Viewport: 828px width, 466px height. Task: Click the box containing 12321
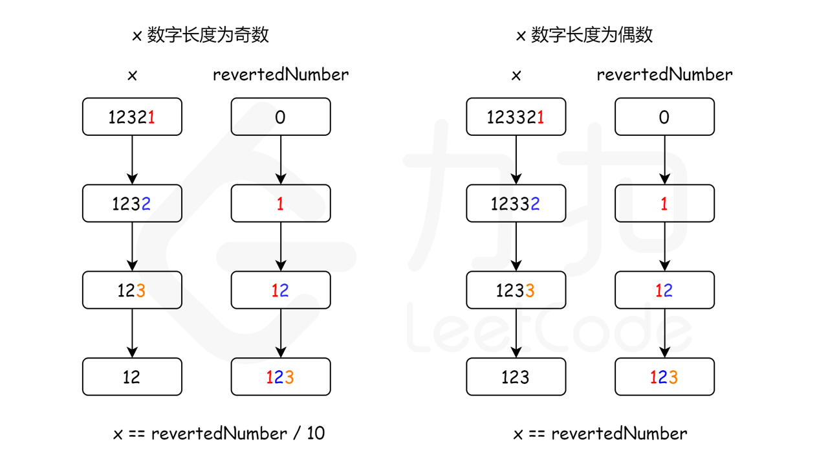tap(132, 117)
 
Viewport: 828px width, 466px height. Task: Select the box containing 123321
tap(516, 117)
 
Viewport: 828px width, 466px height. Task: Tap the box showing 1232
tap(132, 204)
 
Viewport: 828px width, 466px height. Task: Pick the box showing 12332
tap(516, 204)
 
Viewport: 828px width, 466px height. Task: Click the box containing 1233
tap(516, 291)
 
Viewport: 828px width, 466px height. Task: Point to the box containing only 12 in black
tap(132, 377)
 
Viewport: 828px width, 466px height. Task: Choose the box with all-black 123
tap(516, 377)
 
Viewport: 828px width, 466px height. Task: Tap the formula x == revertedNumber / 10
tap(219, 434)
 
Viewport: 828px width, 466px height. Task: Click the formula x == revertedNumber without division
tap(600, 434)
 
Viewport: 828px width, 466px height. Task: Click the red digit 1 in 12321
tap(151, 117)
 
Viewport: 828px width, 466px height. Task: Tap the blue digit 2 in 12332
tap(535, 204)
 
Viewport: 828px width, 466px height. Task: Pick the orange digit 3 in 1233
tap(530, 291)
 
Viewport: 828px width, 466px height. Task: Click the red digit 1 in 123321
tap(540, 117)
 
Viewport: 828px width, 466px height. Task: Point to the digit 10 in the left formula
tap(316, 434)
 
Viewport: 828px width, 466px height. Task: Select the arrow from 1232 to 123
tap(132, 247)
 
